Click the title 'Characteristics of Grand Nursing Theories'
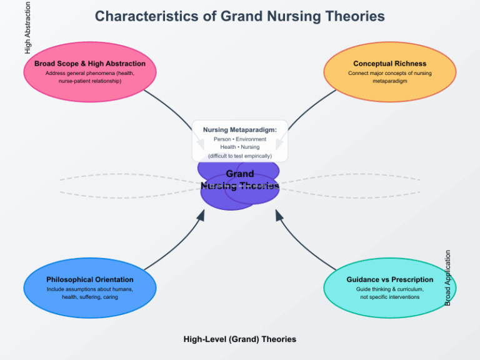click(239, 16)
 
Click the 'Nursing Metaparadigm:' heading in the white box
click(239, 129)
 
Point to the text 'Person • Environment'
click(239, 139)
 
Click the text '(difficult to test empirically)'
click(239, 156)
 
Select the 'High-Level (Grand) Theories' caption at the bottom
click(239, 339)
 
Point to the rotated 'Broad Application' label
click(447, 278)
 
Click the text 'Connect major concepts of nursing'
click(389, 73)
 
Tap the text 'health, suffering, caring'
click(89, 297)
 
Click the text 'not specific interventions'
click(389, 297)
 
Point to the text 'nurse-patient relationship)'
click(89, 81)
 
